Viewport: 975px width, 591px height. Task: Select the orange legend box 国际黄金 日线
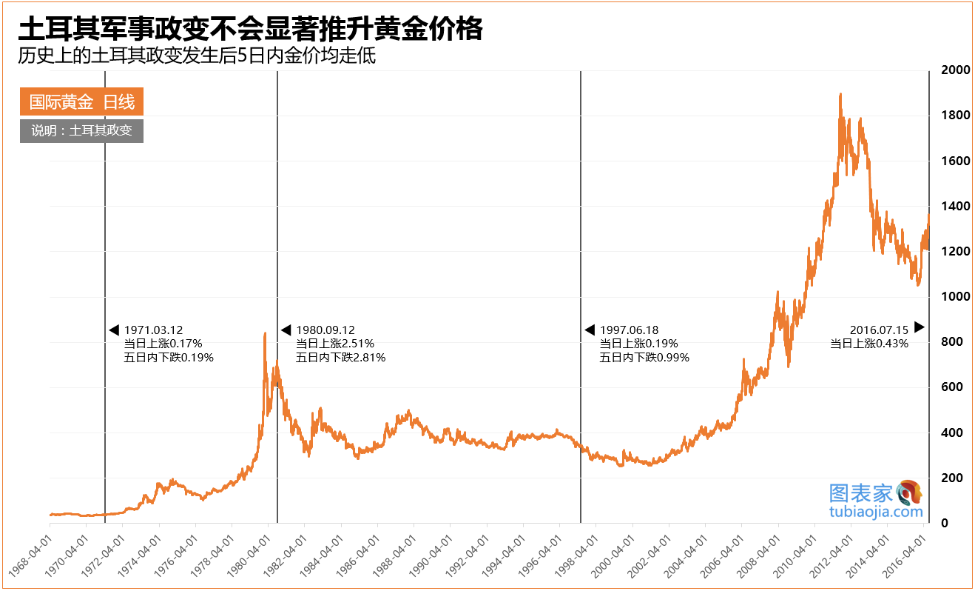[x=81, y=102]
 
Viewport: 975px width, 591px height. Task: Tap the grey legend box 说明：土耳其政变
[x=81, y=131]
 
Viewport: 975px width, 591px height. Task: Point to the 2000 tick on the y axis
[x=955, y=70]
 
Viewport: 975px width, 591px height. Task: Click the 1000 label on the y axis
[x=955, y=297]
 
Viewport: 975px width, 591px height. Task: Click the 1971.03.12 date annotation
[x=153, y=330]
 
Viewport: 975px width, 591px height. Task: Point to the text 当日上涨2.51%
[x=335, y=344]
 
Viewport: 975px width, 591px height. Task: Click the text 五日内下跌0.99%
[x=644, y=358]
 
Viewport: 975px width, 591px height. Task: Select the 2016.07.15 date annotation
[x=879, y=330]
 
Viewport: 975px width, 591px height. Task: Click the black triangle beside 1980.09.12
[x=286, y=330]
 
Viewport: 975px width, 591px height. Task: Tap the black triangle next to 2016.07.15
[x=920, y=327]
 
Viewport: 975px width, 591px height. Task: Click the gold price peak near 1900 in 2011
[x=840, y=95]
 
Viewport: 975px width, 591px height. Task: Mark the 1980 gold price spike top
[x=265, y=335]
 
